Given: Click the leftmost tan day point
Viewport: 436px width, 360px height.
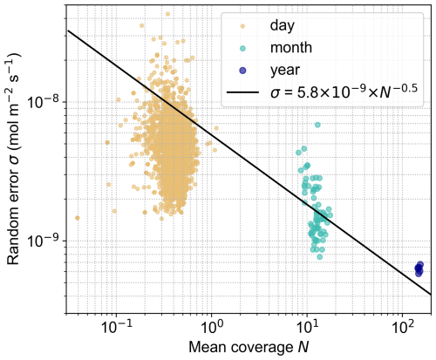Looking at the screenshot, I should coord(77,218).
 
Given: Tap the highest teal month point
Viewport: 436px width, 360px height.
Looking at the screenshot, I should coord(318,125).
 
